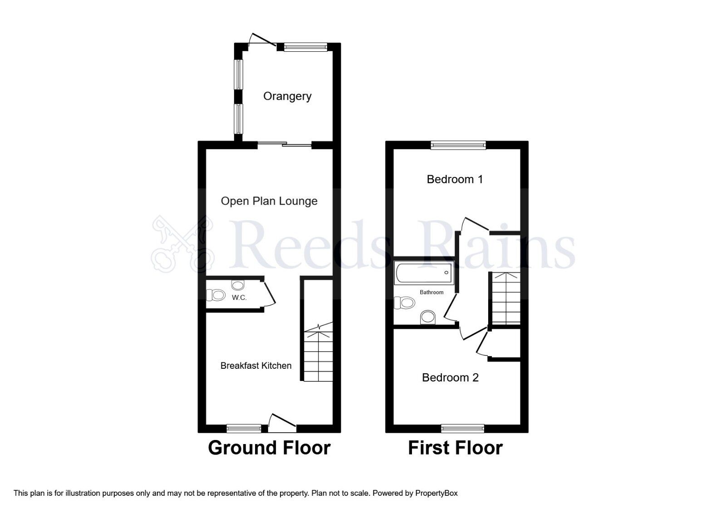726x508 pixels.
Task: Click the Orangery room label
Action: point(287,96)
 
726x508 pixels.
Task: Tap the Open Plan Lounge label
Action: point(269,201)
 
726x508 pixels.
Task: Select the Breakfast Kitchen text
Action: point(256,366)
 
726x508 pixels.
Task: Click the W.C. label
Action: point(239,298)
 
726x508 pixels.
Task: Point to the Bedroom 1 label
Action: point(455,179)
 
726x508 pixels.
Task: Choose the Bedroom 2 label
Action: point(450,377)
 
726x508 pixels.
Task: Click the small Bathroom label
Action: point(432,292)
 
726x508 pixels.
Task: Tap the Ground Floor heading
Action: point(269,448)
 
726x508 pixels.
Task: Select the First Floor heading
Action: point(455,448)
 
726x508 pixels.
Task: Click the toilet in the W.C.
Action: point(216,296)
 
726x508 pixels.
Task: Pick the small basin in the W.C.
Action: point(238,285)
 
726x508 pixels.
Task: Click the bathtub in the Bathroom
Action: point(424,273)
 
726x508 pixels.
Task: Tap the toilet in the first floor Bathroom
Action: point(405,303)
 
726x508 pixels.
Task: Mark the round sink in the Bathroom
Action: point(428,317)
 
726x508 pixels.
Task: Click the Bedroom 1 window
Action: point(458,145)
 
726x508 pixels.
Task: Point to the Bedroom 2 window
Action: point(463,428)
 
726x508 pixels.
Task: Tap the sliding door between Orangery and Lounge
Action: point(285,145)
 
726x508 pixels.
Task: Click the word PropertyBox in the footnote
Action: point(437,493)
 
